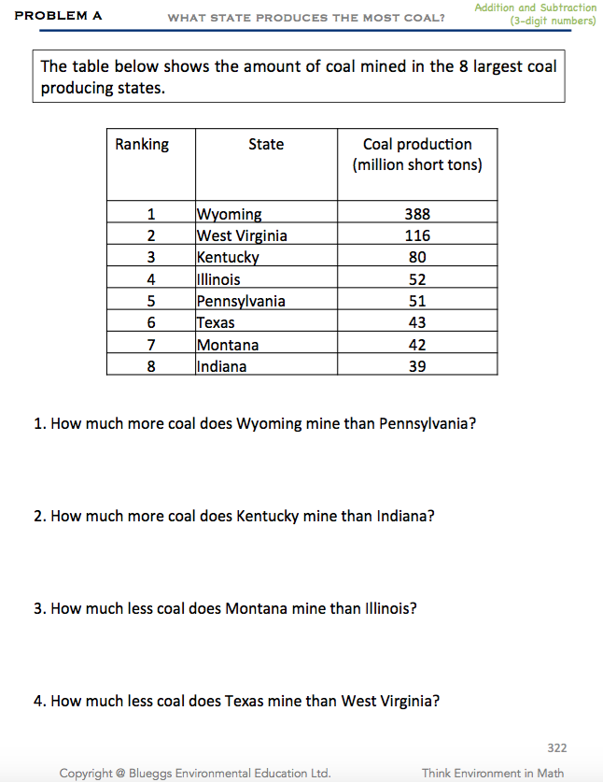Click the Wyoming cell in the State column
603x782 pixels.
tap(229, 214)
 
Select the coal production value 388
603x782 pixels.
tap(417, 214)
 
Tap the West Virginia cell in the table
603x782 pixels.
tap(242, 235)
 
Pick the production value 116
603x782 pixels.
tap(417, 235)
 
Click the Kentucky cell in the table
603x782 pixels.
tap(228, 257)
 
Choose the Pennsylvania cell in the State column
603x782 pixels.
tap(241, 301)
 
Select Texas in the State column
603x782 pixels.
tap(216, 322)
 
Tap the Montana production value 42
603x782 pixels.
tap(417, 345)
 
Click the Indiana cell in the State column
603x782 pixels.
tap(222, 366)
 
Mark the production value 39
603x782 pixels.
tap(417, 366)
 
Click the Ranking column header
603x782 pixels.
tap(142, 144)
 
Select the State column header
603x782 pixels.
tap(266, 144)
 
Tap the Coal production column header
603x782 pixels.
tap(417, 154)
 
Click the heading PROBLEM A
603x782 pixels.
tap(59, 16)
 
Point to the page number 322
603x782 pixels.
tap(556, 747)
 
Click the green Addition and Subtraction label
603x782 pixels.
tap(535, 7)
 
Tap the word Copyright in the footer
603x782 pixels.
tap(91, 773)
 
